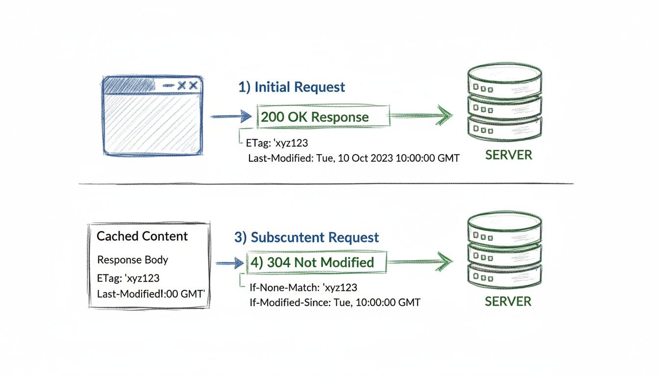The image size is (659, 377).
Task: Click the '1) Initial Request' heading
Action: click(x=291, y=87)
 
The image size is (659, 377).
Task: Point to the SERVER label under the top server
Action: click(x=508, y=155)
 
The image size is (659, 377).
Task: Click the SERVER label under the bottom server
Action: click(x=508, y=301)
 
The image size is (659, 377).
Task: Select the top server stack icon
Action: click(x=505, y=101)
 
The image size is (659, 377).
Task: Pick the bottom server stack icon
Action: click(x=505, y=248)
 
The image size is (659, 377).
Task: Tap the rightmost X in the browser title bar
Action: click(x=194, y=85)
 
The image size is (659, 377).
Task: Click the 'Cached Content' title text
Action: click(x=142, y=236)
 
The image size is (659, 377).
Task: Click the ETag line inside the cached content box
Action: click(x=128, y=278)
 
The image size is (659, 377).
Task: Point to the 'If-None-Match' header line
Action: click(x=303, y=288)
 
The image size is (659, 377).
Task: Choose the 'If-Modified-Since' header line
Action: click(x=334, y=302)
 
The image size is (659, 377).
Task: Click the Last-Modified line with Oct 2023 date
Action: click(x=354, y=158)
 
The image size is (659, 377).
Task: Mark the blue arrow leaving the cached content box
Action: click(x=229, y=263)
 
